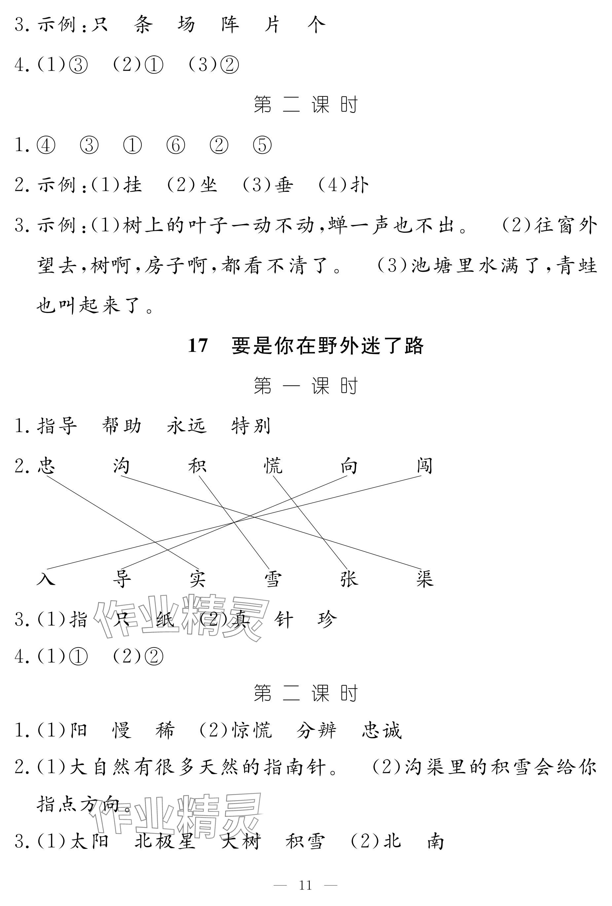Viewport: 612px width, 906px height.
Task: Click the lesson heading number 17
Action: coord(198,345)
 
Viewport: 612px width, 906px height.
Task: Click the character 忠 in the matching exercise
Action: coord(47,466)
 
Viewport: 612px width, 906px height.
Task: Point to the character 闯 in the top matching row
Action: coord(424,466)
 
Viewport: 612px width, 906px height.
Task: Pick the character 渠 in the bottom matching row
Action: coord(424,578)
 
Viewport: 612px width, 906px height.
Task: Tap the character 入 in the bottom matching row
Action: coord(47,578)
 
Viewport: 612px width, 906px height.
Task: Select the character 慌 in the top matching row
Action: coord(273,466)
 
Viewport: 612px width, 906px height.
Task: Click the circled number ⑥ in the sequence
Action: coord(175,145)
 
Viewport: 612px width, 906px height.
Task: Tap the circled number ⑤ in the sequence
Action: coord(262,145)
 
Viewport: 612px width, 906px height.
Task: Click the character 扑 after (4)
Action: coord(359,185)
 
